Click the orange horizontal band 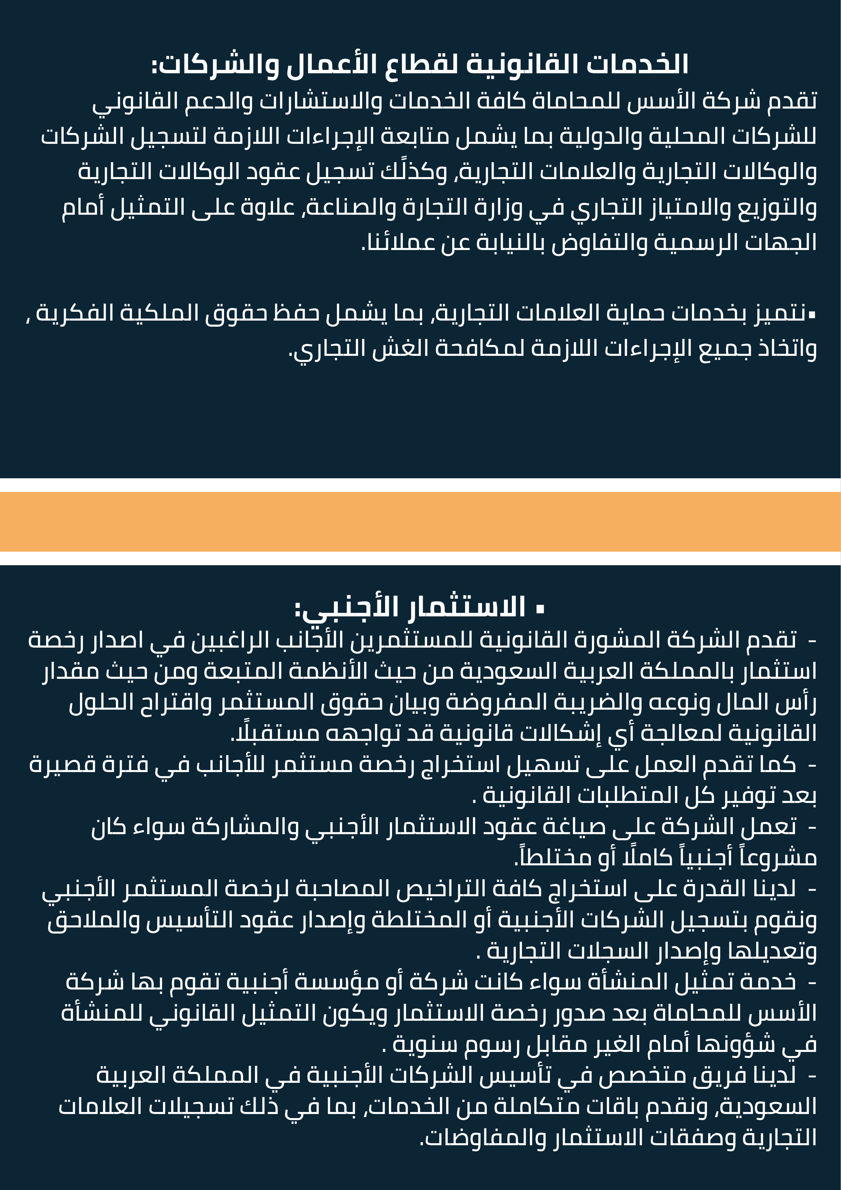pos(420,521)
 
